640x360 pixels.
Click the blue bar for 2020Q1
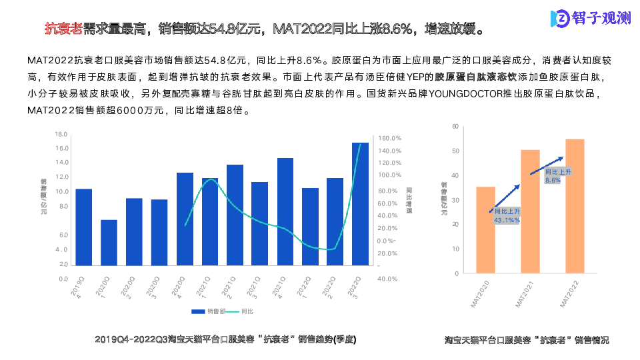[109, 243]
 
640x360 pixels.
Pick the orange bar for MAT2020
[485, 230]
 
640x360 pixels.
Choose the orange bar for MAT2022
[575, 207]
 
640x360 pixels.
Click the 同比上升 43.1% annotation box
[507, 215]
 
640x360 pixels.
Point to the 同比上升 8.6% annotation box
[553, 176]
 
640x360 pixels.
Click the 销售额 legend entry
[206, 311]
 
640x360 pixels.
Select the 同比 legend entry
[241, 311]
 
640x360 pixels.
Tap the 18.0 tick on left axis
[62, 134]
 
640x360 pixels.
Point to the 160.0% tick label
[389, 138]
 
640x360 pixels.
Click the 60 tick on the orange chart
[455, 126]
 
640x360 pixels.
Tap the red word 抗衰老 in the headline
[63, 29]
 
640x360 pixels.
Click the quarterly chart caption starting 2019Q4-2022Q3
[226, 339]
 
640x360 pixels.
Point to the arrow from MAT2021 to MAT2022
[547, 166]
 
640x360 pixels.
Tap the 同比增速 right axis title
[409, 201]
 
